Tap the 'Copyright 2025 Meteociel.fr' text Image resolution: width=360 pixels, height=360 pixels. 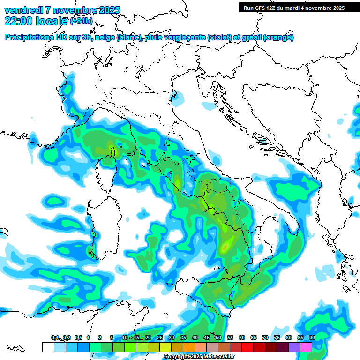[x=198, y=357]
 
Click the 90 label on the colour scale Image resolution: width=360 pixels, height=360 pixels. [x=312, y=337]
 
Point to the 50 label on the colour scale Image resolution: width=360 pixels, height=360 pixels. [x=218, y=337]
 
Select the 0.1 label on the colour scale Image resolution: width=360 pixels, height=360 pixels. [x=55, y=337]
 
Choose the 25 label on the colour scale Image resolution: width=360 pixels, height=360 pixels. [x=160, y=337]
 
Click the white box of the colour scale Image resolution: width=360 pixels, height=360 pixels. [x=48, y=347]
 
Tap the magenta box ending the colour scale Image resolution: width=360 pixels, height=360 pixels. [x=306, y=347]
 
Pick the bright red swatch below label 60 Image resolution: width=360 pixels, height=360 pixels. [x=247, y=347]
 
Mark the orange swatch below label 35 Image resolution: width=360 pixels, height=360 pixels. [x=189, y=347]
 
